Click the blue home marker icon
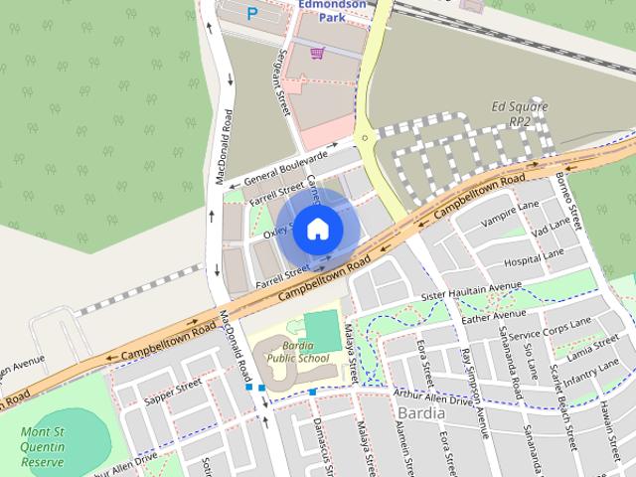coord(317,230)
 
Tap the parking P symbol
coord(251,14)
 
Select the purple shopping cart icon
coord(317,53)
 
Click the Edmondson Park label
coord(333,10)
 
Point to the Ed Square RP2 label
coord(518,112)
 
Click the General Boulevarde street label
coord(285,170)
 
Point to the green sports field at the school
coord(321,329)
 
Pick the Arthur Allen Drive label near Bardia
coord(432,397)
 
